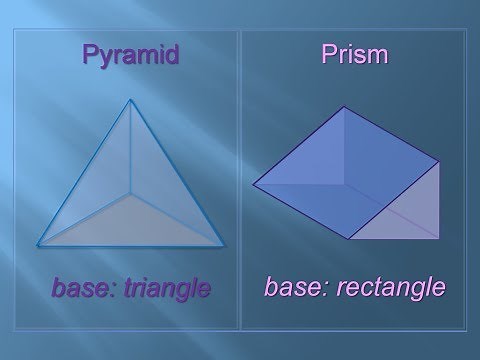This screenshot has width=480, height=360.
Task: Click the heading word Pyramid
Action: click(130, 54)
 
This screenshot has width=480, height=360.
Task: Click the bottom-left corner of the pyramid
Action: click(38, 244)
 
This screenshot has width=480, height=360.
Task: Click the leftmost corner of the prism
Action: click(253, 184)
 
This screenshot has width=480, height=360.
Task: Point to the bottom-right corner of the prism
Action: click(437, 240)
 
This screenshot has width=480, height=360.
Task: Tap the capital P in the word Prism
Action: click(327, 54)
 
